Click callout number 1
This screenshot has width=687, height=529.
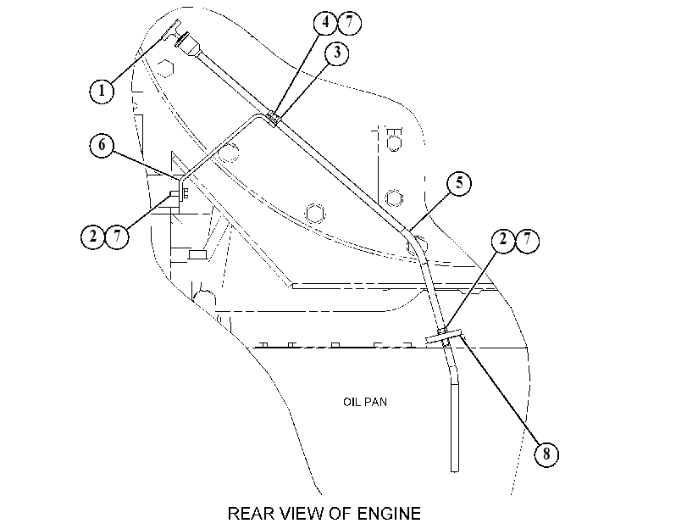(102, 91)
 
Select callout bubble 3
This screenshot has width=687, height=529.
(337, 53)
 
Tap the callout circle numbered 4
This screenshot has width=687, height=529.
(325, 22)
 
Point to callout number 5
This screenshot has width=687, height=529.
(459, 183)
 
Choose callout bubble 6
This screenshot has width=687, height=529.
(102, 145)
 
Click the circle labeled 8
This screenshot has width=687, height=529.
(546, 454)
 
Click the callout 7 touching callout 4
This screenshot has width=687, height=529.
(349, 22)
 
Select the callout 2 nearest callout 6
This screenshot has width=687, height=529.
(93, 237)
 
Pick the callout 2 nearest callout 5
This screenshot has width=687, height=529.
(503, 240)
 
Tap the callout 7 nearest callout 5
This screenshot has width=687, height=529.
(527, 240)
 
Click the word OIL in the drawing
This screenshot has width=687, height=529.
(352, 402)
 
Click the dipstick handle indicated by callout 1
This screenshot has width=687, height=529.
(169, 31)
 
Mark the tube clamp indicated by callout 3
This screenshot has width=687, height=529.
(274, 119)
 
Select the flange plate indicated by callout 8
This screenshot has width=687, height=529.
(444, 337)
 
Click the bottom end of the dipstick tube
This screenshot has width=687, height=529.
(455, 471)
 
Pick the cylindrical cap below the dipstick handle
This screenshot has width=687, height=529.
(188, 44)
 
